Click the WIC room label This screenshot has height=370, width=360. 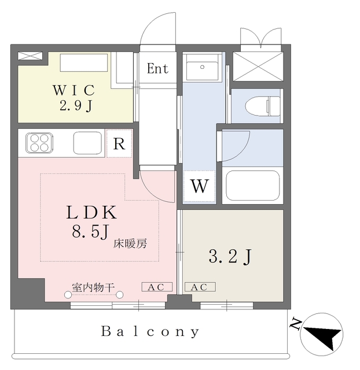coord(74,91)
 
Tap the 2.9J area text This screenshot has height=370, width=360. coord(74,106)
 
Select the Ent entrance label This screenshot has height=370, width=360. coord(157,69)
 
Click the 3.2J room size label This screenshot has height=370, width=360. coord(230,256)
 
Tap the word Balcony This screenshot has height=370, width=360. coord(150,332)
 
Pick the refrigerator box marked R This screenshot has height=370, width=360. coord(119,144)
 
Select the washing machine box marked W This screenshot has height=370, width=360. coord(199,186)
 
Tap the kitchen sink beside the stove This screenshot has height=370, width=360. coord(87,143)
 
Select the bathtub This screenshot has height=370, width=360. coord(253,185)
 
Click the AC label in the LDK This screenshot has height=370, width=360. coord(156,287)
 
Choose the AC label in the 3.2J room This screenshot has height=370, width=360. coord(200,287)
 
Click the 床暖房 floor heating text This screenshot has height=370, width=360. coord(130,243)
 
